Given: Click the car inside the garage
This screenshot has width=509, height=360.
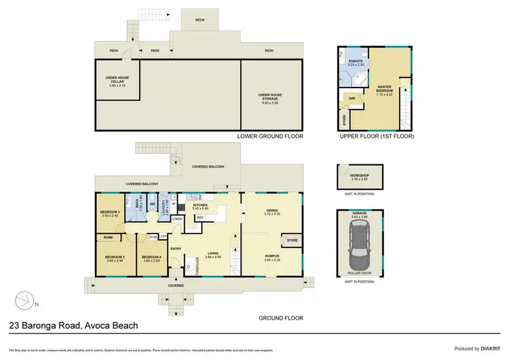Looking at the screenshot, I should click(359, 249).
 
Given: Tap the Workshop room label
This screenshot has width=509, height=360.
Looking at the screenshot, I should click(359, 176).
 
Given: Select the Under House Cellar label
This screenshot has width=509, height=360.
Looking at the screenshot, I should click(117, 79).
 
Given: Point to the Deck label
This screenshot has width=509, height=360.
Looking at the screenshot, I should click(200, 20).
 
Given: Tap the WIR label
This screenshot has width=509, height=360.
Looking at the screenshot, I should click(352, 99).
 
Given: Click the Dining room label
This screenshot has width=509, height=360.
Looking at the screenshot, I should click(271, 213).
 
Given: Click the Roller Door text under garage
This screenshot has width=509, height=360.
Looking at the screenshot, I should click(359, 275).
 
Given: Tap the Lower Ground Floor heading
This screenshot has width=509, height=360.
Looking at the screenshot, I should click(269, 137).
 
